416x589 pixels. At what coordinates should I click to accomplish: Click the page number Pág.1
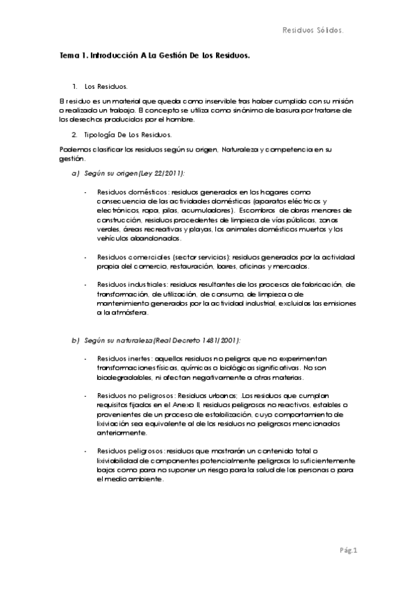348,551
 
